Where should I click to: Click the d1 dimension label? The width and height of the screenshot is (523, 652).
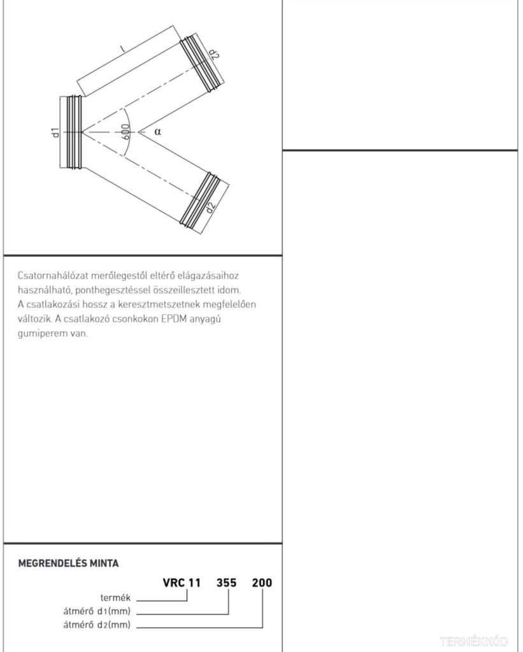coord(55,132)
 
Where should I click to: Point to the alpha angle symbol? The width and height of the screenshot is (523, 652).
coord(157,132)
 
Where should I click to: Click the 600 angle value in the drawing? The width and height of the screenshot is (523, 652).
coord(125,132)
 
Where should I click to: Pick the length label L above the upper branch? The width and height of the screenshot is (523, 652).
coord(122,48)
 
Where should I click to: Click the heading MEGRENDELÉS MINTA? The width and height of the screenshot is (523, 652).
coord(68,563)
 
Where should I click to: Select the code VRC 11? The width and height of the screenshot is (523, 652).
coord(182,583)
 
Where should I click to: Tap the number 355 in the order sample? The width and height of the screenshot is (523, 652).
coord(228,583)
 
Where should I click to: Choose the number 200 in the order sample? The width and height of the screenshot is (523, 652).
coord(262,583)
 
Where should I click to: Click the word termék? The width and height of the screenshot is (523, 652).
coord(116,598)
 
